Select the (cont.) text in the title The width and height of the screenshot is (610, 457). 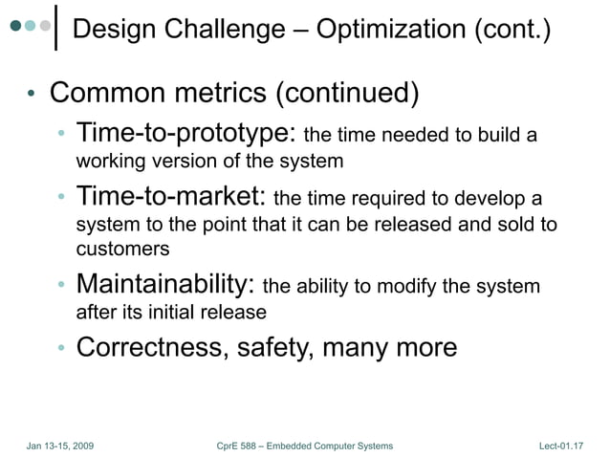(513, 31)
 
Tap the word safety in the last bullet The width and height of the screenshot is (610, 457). (272, 347)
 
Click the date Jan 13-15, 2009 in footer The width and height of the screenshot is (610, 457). (59, 446)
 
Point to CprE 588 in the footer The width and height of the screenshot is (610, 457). (245, 446)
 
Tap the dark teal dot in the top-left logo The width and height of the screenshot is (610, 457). (15, 27)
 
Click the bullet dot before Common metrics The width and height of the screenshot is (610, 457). (32, 97)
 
